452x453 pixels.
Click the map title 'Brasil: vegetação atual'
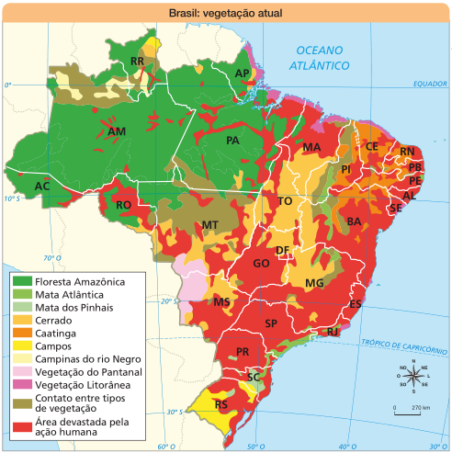(225, 14)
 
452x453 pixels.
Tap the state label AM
(117, 132)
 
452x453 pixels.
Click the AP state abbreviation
(243, 73)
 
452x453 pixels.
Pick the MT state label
(209, 225)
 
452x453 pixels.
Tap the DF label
(283, 251)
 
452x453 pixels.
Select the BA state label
(353, 221)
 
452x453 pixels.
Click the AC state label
(41, 187)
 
